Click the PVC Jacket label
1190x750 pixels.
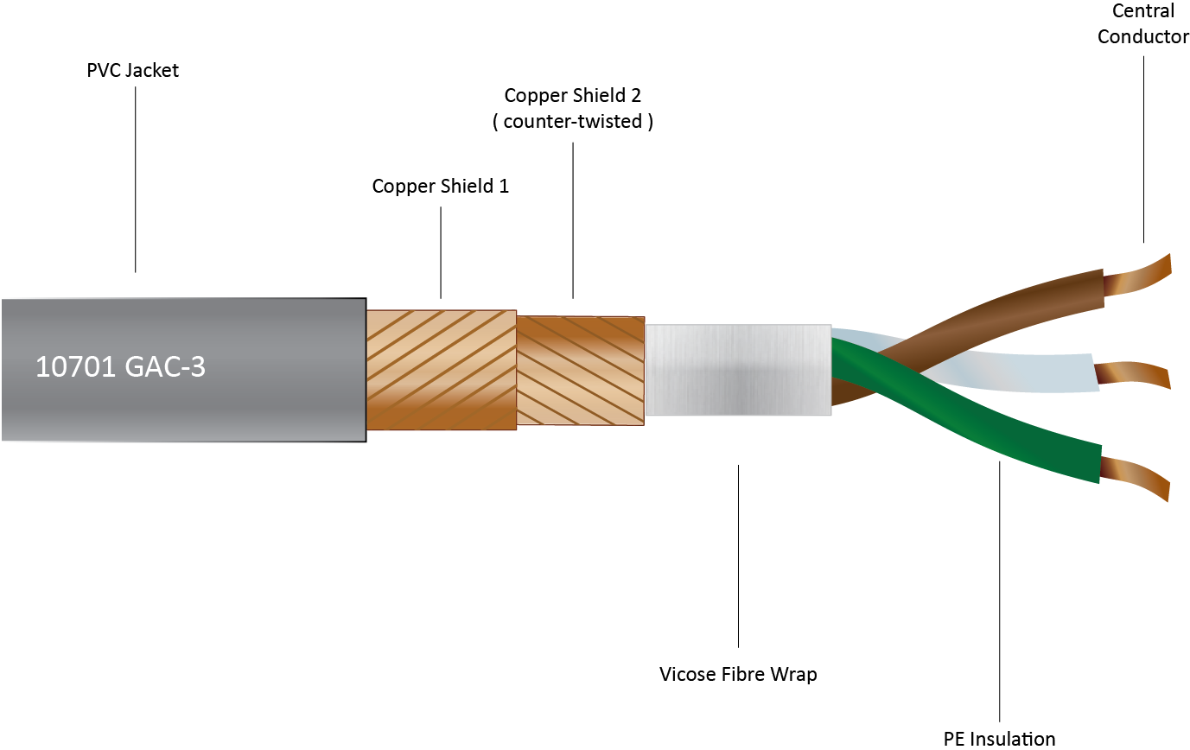click(132, 71)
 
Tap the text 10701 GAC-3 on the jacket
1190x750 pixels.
click(120, 367)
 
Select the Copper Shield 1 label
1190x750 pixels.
click(440, 186)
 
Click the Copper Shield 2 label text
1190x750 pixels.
click(572, 95)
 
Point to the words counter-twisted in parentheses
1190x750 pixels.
click(573, 122)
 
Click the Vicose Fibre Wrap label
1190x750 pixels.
click(737, 674)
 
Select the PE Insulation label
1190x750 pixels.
click(999, 738)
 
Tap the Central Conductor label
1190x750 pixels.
click(1142, 24)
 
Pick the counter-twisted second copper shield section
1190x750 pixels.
click(580, 370)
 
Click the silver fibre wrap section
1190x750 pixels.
click(737, 370)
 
